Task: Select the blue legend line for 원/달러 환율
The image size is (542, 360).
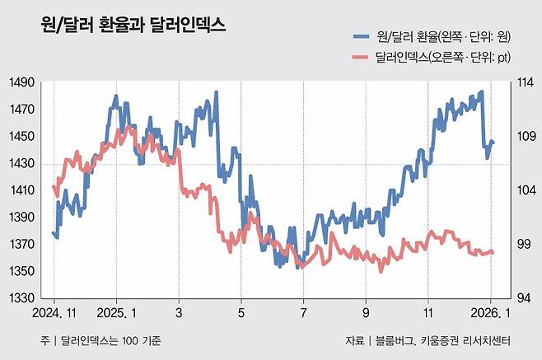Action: (x=360, y=36)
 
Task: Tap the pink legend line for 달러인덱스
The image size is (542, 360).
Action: (x=360, y=57)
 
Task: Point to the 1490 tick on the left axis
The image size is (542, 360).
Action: (x=22, y=82)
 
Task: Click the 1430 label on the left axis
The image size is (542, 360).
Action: (x=22, y=164)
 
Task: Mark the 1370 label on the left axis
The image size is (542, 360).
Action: (x=22, y=245)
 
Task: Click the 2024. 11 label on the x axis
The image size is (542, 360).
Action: (x=54, y=314)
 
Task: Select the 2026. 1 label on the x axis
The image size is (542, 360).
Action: (x=491, y=314)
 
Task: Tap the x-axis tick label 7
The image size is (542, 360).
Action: (x=304, y=314)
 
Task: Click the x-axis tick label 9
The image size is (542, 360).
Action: (x=367, y=314)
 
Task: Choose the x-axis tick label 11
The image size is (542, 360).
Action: (x=428, y=314)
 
